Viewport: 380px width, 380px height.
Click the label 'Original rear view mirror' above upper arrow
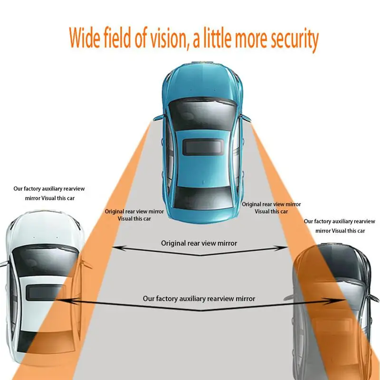pos(199,243)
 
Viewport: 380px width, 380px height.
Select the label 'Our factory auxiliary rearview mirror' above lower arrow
pos(199,299)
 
